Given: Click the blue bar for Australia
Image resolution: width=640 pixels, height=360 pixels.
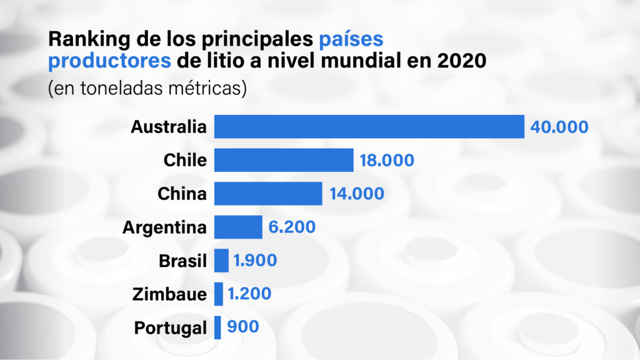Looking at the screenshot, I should coord(369,126).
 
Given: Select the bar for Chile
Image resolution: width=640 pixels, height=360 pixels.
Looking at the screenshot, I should coord(284,160).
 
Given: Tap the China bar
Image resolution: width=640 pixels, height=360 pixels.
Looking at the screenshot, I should coord(268,194).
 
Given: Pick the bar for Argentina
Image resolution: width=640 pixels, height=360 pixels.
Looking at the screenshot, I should coord(238,227).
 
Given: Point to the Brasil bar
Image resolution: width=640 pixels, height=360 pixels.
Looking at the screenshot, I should coord(221,261).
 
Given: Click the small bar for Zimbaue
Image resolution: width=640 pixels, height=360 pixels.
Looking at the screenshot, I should coord(219,294).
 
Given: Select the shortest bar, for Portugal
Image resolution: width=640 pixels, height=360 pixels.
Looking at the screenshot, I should coord(217,327).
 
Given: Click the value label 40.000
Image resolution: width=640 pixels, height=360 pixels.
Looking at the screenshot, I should coord(559,127).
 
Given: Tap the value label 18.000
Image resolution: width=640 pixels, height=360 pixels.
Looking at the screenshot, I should coord(387,161).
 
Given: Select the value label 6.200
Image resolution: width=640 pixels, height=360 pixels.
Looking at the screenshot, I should coord(292,227).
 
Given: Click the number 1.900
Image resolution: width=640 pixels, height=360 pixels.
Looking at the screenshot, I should coord(255,261).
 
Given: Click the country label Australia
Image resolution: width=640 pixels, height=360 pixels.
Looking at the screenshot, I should coord(168,127).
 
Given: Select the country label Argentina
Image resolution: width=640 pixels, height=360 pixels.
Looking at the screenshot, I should coord(164,227).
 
